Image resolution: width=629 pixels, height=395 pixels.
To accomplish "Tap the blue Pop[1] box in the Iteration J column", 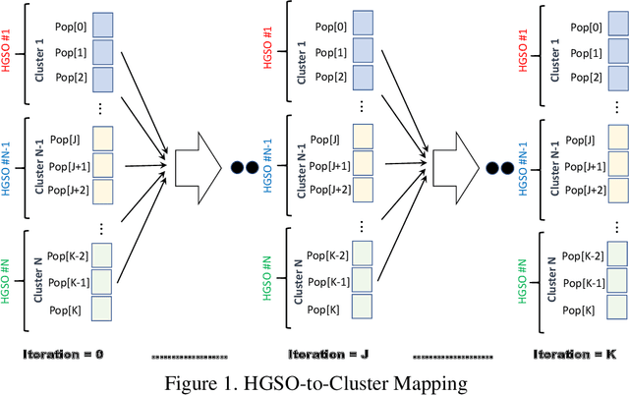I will point(365,49).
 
